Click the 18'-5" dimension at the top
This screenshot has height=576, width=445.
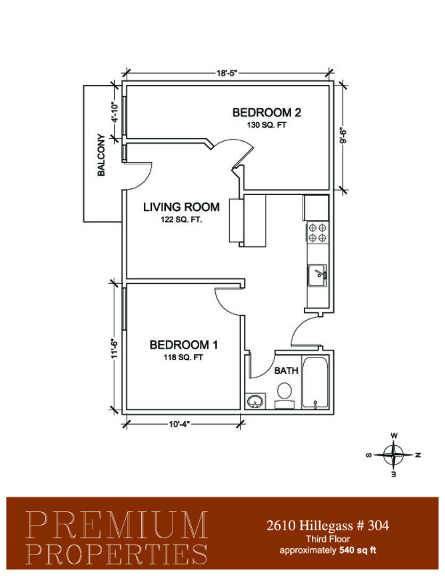(226, 73)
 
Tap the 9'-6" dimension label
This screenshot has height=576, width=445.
(343, 136)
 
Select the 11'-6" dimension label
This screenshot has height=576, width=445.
(115, 349)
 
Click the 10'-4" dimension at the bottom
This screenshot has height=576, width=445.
(179, 425)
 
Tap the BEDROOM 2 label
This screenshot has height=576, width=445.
(266, 113)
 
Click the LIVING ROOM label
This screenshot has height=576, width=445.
(181, 207)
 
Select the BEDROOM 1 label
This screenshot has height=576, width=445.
(183, 345)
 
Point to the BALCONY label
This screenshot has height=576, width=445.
(101, 155)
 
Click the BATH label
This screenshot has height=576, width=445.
(286, 370)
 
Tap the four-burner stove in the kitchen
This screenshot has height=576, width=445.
(317, 233)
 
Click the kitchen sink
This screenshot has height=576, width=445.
(317, 275)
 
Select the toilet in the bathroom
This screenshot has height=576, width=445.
(284, 395)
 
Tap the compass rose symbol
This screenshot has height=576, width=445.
(393, 455)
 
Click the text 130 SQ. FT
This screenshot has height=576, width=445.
(266, 125)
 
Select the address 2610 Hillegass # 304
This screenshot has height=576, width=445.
(328, 526)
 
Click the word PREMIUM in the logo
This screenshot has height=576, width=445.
(117, 525)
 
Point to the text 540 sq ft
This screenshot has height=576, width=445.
(358, 550)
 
